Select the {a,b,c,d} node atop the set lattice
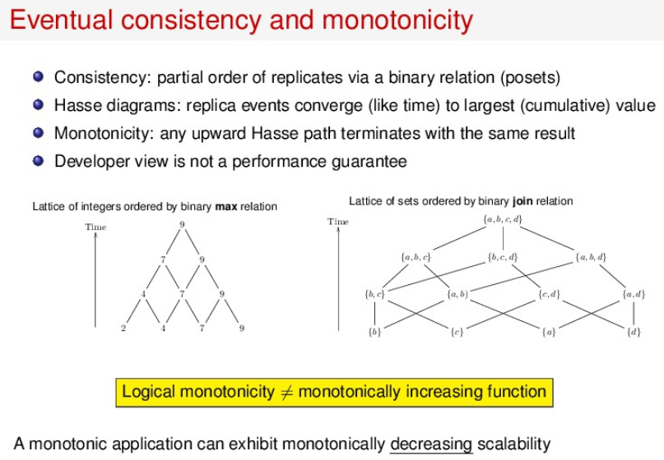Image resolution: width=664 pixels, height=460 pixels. click(x=502, y=220)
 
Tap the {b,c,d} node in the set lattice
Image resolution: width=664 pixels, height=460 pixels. click(x=502, y=257)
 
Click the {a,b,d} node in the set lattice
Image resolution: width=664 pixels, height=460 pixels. click(x=592, y=257)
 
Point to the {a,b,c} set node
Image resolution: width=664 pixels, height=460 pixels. click(x=415, y=257)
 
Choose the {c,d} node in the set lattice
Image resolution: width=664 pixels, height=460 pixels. click(x=549, y=293)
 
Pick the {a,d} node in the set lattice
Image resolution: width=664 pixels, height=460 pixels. click(x=634, y=293)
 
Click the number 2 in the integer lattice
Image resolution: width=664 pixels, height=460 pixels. click(x=123, y=329)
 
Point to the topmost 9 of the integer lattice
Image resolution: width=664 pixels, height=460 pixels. click(x=182, y=223)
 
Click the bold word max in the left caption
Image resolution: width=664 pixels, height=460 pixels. click(x=226, y=206)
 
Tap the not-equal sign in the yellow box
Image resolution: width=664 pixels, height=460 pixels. click(x=286, y=392)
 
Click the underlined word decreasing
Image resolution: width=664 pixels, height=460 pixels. click(x=431, y=444)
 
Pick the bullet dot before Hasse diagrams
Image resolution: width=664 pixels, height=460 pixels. click(x=39, y=105)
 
